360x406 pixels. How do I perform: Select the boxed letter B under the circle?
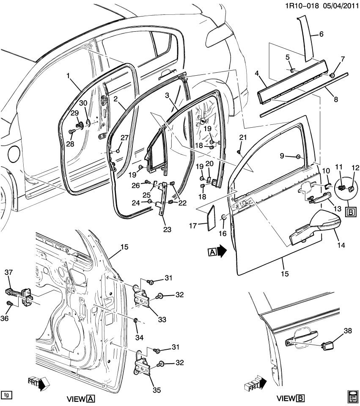pos(351,212)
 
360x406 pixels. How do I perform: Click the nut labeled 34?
pos(136,319)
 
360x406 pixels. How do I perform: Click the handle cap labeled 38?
pos(326,345)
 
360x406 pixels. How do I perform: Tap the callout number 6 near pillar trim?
pos(321,35)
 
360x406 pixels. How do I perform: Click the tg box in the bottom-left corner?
pos(6,395)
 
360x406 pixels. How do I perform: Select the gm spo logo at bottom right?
pos(353,395)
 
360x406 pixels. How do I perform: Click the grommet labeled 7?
pos(333,75)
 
